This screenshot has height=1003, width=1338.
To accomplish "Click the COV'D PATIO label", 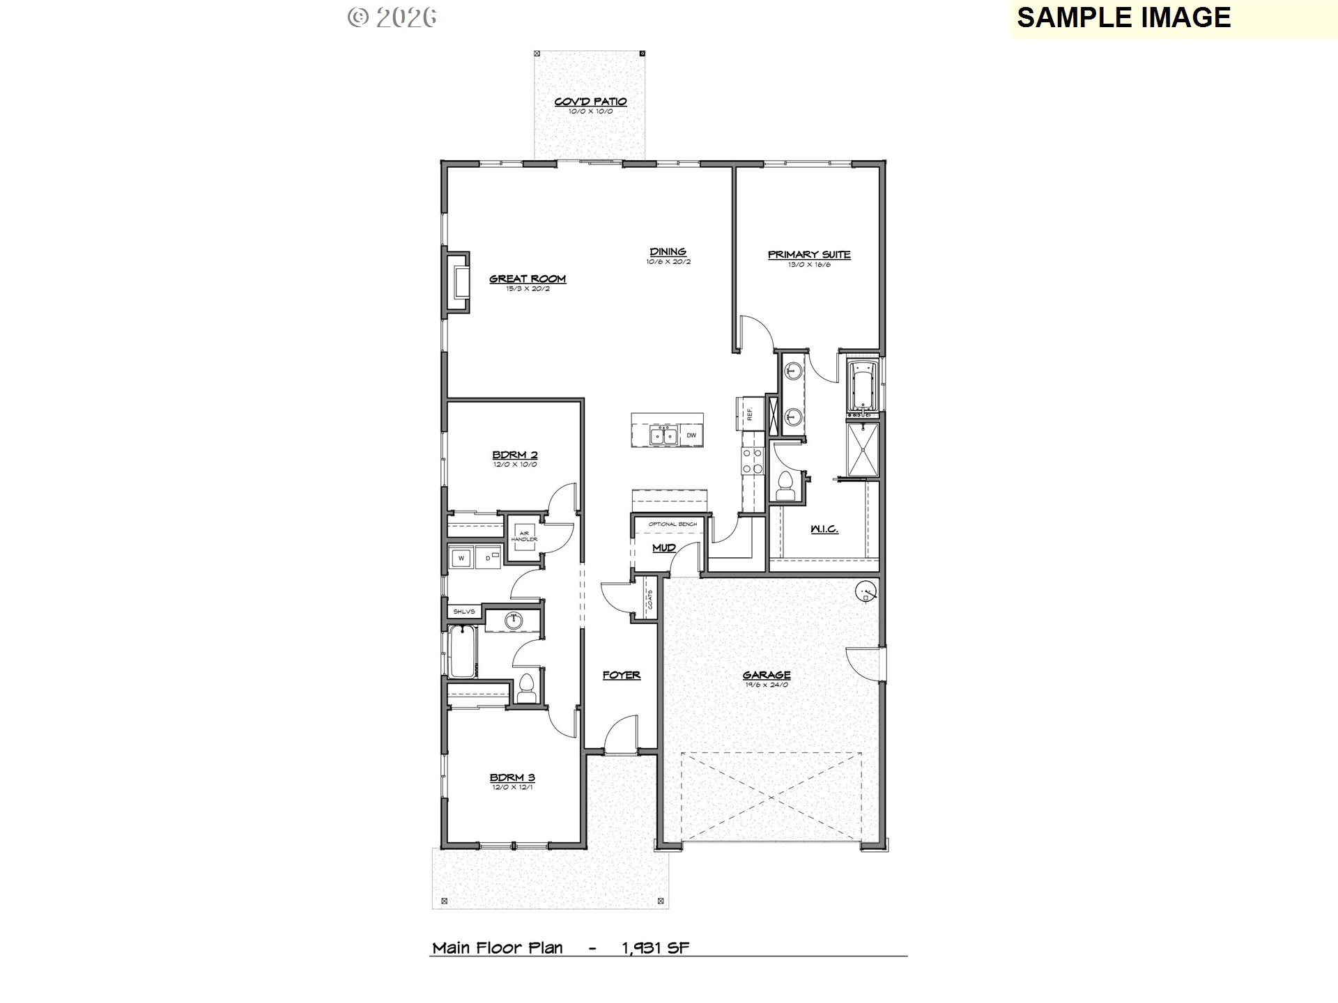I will point(590,102).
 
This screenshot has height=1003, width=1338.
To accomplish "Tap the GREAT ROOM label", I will point(527,279).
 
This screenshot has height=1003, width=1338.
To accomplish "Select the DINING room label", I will point(668,251).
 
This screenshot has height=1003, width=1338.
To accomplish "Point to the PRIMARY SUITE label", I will point(808,255).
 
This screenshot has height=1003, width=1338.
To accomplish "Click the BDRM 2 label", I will point(514,455).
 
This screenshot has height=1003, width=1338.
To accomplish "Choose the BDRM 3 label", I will point(512,777).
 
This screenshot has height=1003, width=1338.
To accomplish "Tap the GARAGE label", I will point(766,674).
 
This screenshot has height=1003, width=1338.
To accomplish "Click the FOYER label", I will point(621,674).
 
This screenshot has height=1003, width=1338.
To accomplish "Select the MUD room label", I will point(663,547).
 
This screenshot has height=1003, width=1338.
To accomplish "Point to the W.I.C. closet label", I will point(824,529).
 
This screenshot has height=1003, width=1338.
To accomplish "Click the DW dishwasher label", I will point(691,435).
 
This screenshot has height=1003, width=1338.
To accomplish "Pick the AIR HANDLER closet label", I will point(523,536).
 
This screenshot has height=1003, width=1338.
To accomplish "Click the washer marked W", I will point(461,558).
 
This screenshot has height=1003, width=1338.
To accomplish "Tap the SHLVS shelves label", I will point(464,612).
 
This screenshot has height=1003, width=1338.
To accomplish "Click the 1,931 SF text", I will point(655,947).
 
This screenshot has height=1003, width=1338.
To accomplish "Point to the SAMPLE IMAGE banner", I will point(1123,17).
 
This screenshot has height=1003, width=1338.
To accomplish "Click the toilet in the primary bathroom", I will point(785,483).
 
